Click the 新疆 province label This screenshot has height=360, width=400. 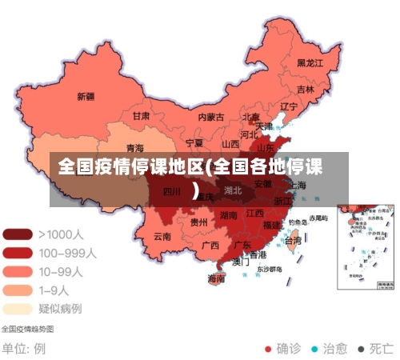pyautogui.click(x=86, y=97)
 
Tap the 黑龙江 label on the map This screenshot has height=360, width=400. pyautogui.click(x=310, y=62)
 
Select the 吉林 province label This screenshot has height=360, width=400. pyautogui.click(x=306, y=90)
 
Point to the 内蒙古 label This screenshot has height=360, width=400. pyautogui.click(x=211, y=117)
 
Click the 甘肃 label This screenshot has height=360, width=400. pyautogui.click(x=141, y=116)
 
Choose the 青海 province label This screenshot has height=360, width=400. pyautogui.click(x=135, y=149)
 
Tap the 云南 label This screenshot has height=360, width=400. pyautogui.click(x=162, y=237)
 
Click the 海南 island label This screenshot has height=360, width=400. pyautogui.click(x=217, y=279)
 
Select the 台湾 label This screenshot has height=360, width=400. pyautogui.click(x=294, y=240)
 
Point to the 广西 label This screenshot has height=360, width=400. pyautogui.click(x=210, y=245)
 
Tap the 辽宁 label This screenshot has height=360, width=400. pyautogui.click(x=288, y=106)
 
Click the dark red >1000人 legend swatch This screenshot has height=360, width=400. pyautogui.click(x=18, y=235)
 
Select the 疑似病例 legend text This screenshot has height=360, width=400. pyautogui.click(x=60, y=308)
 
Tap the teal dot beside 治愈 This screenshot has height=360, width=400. pyautogui.click(x=314, y=349)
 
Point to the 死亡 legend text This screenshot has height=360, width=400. pyautogui.click(x=381, y=349)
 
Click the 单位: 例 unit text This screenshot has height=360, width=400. pyautogui.click(x=23, y=349)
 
